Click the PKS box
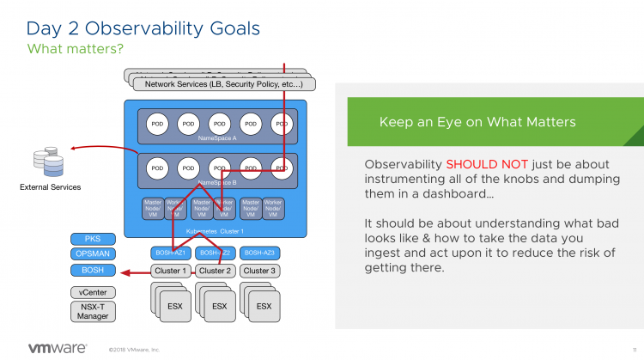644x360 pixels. coord(93,239)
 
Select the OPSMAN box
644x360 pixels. coord(93,254)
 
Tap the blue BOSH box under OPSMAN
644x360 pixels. coord(93,271)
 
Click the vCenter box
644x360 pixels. coord(93,292)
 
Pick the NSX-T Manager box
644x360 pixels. coord(93,310)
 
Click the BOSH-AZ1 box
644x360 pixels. coord(169,253)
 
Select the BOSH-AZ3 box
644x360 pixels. coord(259,253)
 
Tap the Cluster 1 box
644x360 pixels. coord(169,271)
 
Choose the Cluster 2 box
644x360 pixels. coord(215,271)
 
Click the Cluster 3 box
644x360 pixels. coord(259,271)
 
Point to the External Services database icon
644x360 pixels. coord(48,160)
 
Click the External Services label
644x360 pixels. coord(50,186)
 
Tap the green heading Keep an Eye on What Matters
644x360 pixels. coord(477,122)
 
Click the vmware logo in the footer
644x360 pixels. coord(58,348)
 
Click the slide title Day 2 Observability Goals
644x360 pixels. coord(143,28)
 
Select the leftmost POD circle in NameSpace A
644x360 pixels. coord(156,123)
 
